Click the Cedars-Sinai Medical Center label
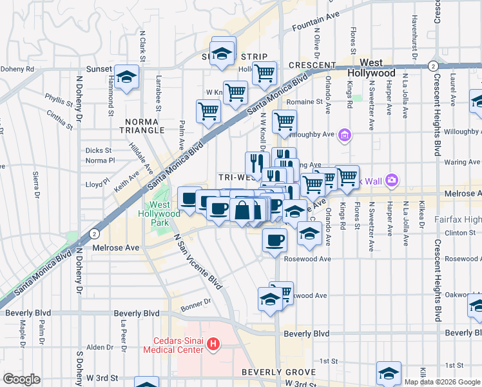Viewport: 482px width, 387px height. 180,346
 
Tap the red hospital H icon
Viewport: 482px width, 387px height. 214,346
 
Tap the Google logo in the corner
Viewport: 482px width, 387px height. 21,379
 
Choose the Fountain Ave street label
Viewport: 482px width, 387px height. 315,28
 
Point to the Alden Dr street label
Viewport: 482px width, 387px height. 100,347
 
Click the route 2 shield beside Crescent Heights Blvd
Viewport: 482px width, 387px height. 434,66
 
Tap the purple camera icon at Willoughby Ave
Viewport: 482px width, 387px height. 345,135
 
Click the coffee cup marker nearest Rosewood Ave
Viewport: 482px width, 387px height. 275,240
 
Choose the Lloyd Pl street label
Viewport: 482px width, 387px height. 97,184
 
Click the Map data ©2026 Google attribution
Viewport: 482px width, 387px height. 441,382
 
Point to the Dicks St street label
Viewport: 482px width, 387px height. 99,150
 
